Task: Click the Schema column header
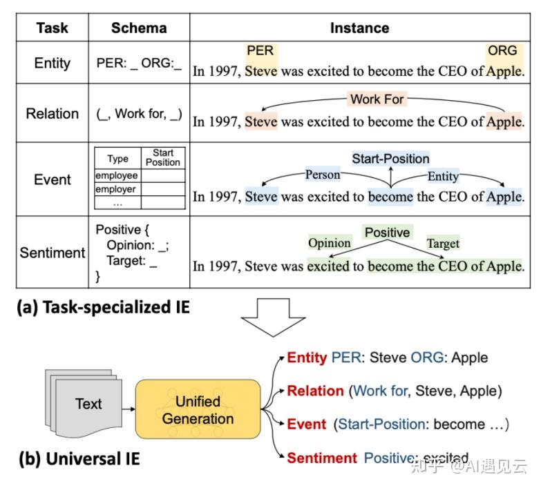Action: (139, 28)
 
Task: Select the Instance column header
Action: (359, 28)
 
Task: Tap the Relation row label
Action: (53, 113)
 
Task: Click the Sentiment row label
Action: (53, 253)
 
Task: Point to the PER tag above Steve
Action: (260, 50)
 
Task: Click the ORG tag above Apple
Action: (502, 50)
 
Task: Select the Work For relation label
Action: (377, 99)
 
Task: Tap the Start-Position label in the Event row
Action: (390, 159)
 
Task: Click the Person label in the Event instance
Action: (323, 175)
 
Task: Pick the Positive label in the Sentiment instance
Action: (387, 233)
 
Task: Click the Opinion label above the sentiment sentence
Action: (330, 243)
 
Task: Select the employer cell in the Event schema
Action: (115, 189)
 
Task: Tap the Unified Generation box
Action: (198, 409)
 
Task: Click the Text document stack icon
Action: (84, 403)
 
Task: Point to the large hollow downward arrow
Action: (273, 317)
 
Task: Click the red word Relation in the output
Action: (315, 391)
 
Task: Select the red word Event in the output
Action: (306, 424)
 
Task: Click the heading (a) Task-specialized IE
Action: (103, 307)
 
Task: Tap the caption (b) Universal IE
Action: (79, 459)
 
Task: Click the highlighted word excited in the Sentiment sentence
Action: (328, 266)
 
